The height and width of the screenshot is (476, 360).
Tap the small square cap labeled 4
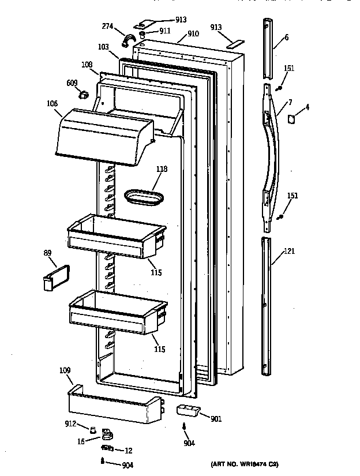click(291, 119)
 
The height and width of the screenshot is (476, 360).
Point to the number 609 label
click(72, 83)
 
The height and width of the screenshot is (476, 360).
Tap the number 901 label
click(215, 419)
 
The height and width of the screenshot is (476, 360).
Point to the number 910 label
click(192, 33)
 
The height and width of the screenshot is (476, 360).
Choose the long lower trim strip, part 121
click(265, 306)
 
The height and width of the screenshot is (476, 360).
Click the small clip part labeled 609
click(84, 94)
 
